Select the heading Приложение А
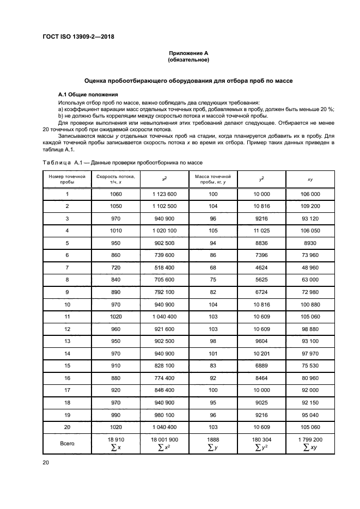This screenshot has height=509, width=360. pos(188,53)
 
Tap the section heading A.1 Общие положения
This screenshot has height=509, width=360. pos(88,94)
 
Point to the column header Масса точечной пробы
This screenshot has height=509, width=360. pos(213,179)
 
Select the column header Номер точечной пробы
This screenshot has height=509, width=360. pos(67,179)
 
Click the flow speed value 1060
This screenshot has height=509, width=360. pos(115,194)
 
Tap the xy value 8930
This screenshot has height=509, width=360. pos(310,243)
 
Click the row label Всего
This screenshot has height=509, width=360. pos(67,444)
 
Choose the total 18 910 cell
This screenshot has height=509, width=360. pos(115,439)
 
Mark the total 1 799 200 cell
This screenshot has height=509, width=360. pos(310,439)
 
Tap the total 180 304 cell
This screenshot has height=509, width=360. pos(261,439)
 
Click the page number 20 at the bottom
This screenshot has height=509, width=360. pos(45,462)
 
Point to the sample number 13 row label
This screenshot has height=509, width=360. pos(67,340)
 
